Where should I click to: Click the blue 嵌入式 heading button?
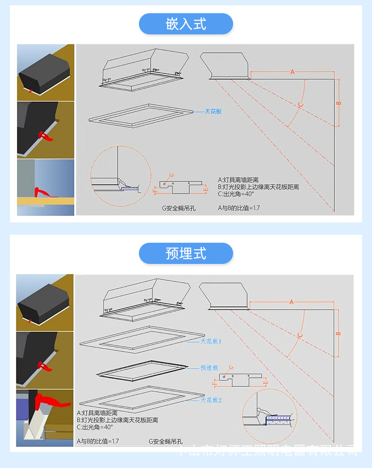pyautogui.click(x=186, y=24)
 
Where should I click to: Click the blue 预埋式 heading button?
pyautogui.click(x=186, y=253)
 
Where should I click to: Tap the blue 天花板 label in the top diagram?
pyautogui.click(x=213, y=112)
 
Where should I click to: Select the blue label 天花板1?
pyautogui.click(x=210, y=341)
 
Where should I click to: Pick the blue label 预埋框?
pyautogui.click(x=208, y=368)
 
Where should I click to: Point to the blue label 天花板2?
pyautogui.click(x=210, y=400)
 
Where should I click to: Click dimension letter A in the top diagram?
pyautogui.click(x=292, y=72)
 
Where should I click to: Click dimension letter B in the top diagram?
pyautogui.click(x=339, y=102)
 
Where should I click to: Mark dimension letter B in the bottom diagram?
pyautogui.click(x=338, y=333)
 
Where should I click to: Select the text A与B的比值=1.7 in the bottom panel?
pyautogui.click(x=97, y=442)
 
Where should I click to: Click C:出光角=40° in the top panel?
pyautogui.click(x=236, y=193)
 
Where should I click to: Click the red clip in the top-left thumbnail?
pyautogui.click(x=31, y=90)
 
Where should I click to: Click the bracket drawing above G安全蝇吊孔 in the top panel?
pyautogui.click(x=181, y=185)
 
